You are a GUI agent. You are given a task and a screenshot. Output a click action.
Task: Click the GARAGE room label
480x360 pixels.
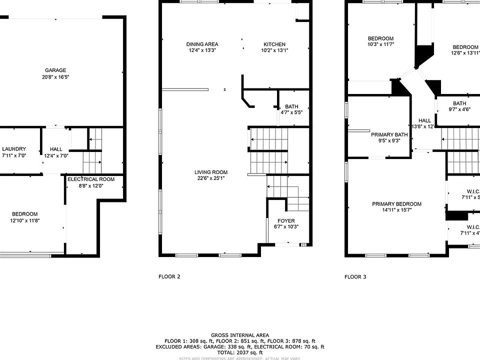click(55, 70)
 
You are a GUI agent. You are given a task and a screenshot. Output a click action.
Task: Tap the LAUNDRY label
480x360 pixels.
click(13, 149)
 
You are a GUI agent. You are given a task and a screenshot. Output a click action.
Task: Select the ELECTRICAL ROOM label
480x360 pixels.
click(91, 179)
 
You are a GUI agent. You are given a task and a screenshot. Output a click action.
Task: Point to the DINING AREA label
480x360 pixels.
click(203, 44)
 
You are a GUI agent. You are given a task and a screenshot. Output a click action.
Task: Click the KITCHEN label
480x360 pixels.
click(274, 44)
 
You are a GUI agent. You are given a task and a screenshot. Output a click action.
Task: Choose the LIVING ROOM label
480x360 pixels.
click(211, 172)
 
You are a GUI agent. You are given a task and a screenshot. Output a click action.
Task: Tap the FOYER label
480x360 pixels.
click(286, 220)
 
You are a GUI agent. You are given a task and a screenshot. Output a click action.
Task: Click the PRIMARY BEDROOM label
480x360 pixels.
click(396, 204)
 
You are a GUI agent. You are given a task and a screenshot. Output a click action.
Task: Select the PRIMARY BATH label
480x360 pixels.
click(389, 134)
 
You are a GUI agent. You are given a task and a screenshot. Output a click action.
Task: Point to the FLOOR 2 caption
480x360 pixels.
click(169, 276)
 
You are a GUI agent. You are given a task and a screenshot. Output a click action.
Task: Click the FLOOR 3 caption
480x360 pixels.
click(355, 276)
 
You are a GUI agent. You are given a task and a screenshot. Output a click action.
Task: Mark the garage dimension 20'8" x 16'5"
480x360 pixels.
click(55, 77)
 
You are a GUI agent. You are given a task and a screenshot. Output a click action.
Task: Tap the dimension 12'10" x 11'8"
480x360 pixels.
click(24, 220)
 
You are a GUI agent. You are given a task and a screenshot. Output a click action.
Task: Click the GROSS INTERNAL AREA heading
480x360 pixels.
click(239, 335)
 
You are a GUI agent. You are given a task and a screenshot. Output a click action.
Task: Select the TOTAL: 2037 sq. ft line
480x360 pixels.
click(239, 352)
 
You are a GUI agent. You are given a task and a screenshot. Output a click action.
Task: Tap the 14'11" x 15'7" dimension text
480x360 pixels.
click(396, 210)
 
